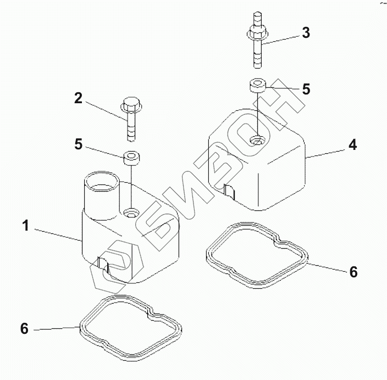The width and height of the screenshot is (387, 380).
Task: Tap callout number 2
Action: [x=79, y=99]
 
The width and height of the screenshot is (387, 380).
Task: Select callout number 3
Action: [x=306, y=33]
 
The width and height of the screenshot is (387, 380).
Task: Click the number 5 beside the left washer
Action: [x=79, y=144]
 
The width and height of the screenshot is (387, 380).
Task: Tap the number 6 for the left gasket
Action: [x=24, y=328]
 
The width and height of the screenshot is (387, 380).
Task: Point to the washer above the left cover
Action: [x=130, y=158]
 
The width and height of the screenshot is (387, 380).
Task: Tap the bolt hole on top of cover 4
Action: [x=257, y=142]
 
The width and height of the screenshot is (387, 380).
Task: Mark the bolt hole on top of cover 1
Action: [x=131, y=211]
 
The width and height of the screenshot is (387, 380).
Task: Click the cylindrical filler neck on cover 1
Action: [x=99, y=192]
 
